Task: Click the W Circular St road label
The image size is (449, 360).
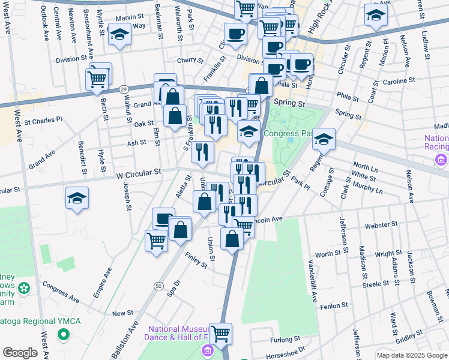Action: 139,172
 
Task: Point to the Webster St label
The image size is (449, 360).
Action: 379,227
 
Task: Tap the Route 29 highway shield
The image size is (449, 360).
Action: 123,89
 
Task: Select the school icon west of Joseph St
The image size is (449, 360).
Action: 77,199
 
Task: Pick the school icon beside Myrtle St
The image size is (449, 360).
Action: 121,35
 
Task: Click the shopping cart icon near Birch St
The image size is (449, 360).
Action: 97,79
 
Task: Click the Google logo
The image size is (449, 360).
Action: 20,353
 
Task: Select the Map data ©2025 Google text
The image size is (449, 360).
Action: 411,355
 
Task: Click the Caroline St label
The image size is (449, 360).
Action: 399,80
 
